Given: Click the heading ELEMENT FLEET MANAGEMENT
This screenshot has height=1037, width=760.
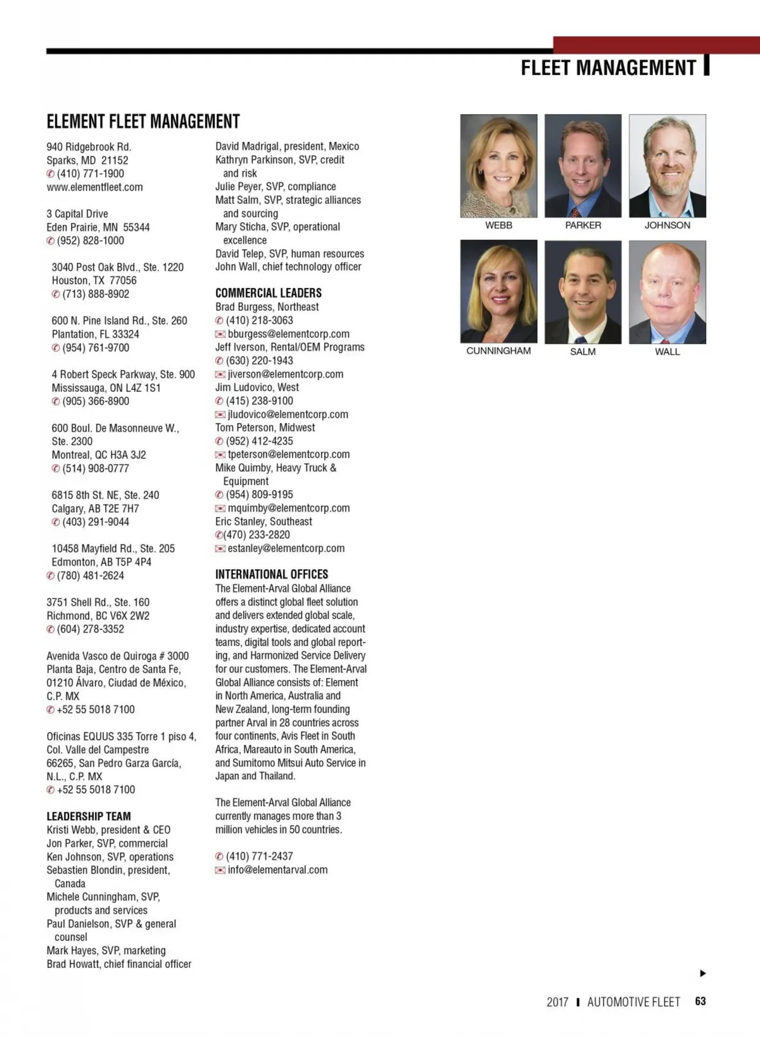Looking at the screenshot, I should (143, 121).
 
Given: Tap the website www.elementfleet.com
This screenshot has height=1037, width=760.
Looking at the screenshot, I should (94, 187).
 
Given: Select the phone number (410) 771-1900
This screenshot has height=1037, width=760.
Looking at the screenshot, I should (91, 174).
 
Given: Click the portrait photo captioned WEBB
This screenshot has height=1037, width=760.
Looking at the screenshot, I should (498, 166).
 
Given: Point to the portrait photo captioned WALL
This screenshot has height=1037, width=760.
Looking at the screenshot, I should (667, 292).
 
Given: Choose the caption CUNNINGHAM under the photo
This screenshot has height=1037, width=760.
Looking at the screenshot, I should (498, 351).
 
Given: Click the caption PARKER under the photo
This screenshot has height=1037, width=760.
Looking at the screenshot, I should (583, 225).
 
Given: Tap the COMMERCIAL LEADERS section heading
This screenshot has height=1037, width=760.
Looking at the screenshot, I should (268, 293).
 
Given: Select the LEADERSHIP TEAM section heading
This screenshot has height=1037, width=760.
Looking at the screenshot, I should (89, 817).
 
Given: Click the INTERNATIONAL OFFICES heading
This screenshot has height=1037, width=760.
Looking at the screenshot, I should (271, 574).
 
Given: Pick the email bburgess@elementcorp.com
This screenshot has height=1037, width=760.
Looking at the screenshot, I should (288, 334).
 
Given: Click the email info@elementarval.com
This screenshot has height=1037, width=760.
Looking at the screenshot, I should (277, 870).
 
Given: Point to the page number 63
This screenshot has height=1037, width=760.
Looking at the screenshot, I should (700, 1002).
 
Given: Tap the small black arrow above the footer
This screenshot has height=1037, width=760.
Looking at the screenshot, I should (702, 973).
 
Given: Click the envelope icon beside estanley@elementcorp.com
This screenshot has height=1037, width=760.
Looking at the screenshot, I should (220, 548).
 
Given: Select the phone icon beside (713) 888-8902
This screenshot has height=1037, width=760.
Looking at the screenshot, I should (56, 294).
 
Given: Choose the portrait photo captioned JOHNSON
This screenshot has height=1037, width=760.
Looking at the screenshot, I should (667, 166).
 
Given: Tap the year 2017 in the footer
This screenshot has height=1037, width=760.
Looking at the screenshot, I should (557, 1002).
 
